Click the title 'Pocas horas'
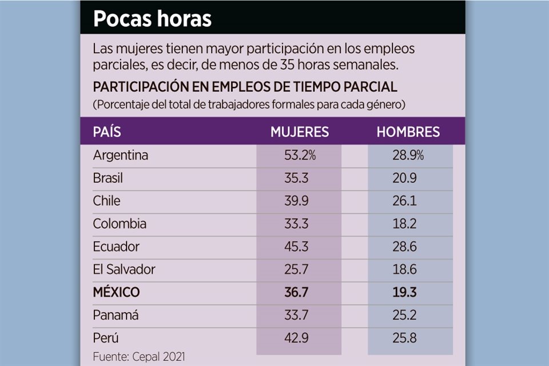point(152,19)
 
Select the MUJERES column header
point(300,132)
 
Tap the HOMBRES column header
point(408,132)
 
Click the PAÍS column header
point(107,132)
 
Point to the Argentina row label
point(121,155)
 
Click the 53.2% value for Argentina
point(300,155)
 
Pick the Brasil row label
point(108,178)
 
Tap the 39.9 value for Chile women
point(297,201)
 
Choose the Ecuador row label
point(116,246)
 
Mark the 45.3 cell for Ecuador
point(297,246)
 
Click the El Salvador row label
point(124,269)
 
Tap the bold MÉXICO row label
point(116,292)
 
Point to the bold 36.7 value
point(297,292)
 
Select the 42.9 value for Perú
point(297,338)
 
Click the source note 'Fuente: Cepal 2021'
point(139,356)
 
